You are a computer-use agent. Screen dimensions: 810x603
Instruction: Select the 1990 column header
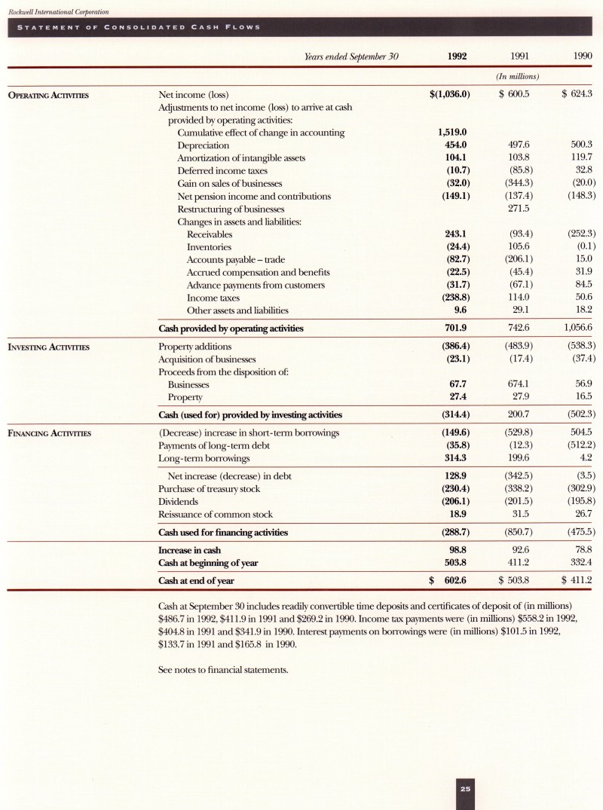point(580,57)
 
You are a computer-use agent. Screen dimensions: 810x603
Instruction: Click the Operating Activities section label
point(49,95)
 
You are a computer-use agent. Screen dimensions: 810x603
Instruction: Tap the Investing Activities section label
point(49,347)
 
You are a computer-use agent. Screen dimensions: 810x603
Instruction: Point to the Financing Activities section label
point(49,433)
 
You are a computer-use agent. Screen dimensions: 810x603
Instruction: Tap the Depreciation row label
point(203,145)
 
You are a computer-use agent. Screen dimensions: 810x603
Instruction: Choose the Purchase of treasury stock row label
point(209,489)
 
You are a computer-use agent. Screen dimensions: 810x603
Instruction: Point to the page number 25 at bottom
point(465,789)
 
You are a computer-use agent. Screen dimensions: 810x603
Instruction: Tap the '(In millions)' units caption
point(516,77)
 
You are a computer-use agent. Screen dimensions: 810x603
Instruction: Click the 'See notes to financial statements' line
point(224,668)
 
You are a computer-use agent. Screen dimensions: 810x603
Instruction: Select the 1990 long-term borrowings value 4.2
point(583,458)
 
